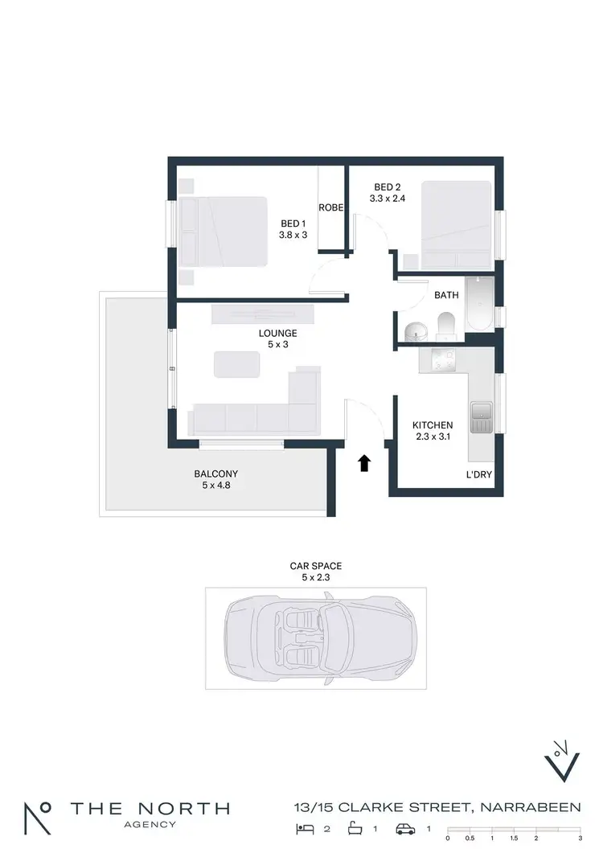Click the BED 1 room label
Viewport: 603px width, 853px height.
[293, 224]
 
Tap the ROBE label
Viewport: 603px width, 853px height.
[331, 207]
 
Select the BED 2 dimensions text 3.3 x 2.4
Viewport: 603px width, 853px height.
[388, 198]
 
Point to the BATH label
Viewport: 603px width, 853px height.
[446, 295]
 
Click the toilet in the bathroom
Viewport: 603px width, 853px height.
[446, 325]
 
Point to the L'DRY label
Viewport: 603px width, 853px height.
[478, 475]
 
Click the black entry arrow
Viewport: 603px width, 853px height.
[364, 462]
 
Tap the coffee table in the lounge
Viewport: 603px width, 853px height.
[237, 364]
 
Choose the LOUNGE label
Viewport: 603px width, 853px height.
[277, 333]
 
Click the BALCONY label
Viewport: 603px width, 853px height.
[215, 474]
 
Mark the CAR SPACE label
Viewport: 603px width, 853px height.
[316, 566]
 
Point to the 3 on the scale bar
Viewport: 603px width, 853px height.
[579, 838]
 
